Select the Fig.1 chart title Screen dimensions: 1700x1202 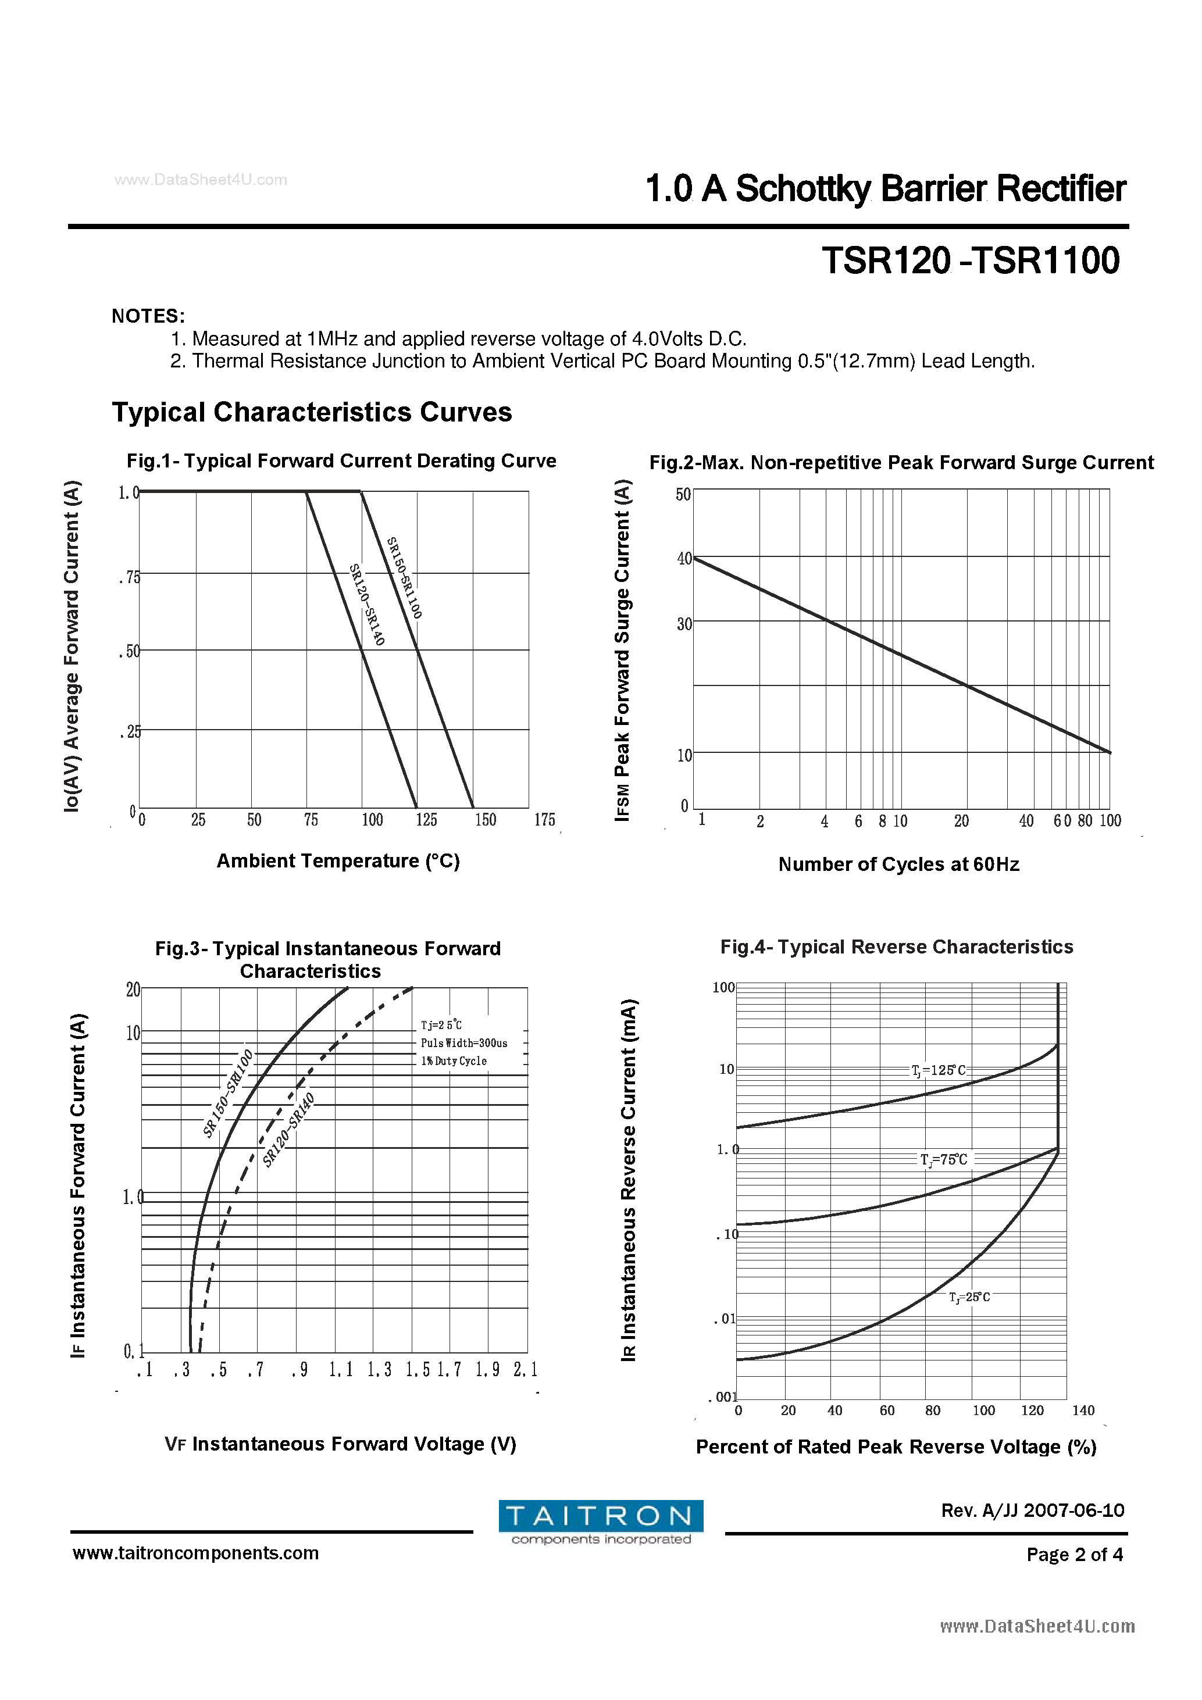point(341,460)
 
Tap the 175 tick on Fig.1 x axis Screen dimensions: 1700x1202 point(544,820)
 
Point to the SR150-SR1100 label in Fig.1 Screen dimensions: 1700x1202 point(404,577)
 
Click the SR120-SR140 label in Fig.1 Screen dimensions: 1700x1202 point(368,604)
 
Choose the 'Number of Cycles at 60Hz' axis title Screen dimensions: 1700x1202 point(898,864)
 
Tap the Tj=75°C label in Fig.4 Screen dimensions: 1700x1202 point(944,1159)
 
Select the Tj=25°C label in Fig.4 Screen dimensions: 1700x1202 point(969,1297)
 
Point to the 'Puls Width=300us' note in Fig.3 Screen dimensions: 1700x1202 point(463,1043)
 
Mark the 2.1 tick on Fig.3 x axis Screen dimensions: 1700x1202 point(525,1370)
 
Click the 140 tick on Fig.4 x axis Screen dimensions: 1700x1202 point(1083,1410)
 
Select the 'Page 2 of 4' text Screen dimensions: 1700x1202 point(1074,1554)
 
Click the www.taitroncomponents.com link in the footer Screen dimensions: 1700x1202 point(195,1553)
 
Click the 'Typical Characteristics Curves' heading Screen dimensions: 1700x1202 point(312,412)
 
